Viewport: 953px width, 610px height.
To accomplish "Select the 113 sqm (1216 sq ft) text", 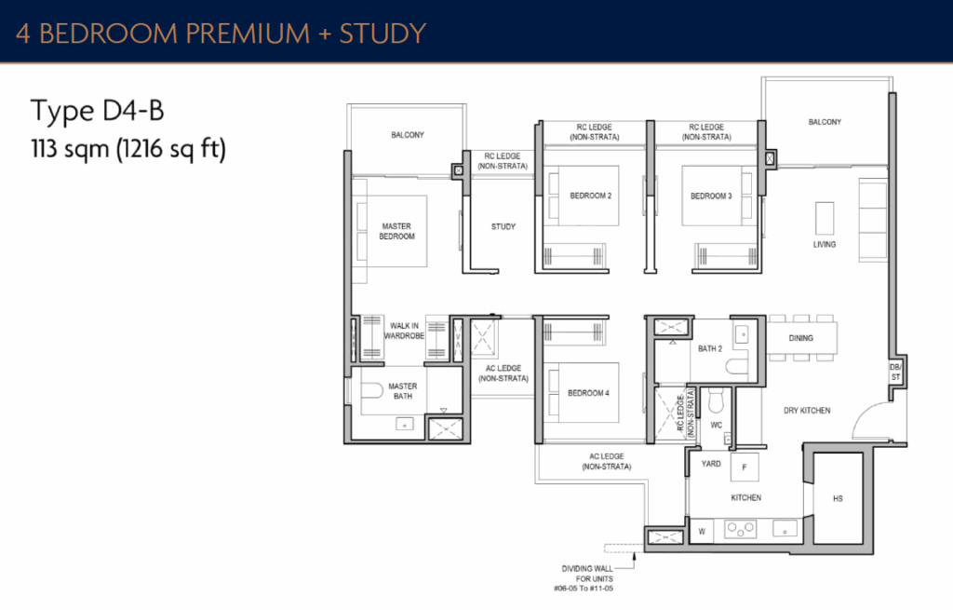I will point(128,148).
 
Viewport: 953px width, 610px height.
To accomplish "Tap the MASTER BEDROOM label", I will point(396,232).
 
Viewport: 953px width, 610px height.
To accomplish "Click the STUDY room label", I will point(503,226).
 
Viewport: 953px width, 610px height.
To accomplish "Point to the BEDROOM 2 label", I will point(591,196).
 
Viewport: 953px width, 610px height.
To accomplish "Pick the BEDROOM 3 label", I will point(711,196).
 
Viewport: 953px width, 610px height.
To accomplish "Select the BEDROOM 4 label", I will point(588,393).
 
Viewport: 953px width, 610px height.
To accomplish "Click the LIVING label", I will point(824,245).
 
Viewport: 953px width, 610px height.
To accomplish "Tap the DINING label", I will point(802,339).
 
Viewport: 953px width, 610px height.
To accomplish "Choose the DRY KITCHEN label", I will point(807,411).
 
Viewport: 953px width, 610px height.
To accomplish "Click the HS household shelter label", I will point(838,499).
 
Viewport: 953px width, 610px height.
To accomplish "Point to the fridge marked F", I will point(745,468).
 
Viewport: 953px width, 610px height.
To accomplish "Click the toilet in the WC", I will point(716,401).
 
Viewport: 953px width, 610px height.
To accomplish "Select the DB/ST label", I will point(894,373).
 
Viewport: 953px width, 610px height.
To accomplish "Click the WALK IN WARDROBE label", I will point(407,331).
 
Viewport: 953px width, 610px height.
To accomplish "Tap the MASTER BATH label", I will point(403,392).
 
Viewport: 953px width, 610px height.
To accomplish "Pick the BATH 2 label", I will point(710,349).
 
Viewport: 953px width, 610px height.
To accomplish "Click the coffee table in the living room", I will point(825,219).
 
